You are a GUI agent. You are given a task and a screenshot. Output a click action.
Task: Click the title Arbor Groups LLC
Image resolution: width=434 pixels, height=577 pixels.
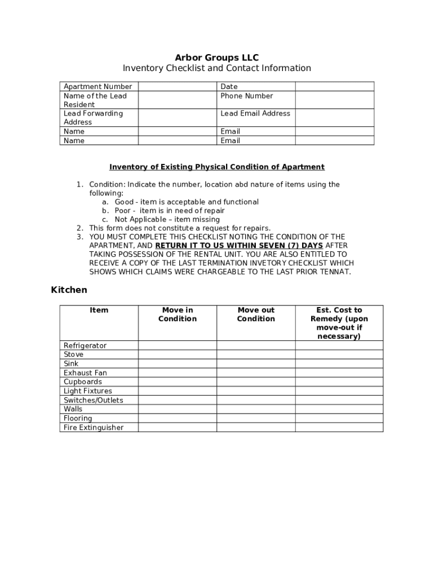(216, 57)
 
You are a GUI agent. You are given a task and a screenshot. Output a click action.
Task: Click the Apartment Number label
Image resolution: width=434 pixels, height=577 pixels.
(98, 86)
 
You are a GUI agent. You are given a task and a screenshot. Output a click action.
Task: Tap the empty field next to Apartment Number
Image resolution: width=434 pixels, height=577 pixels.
(178, 86)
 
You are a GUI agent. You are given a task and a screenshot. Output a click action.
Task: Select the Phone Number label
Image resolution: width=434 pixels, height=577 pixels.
(246, 96)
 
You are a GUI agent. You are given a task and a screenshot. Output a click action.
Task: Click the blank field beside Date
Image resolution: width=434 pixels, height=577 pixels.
(334, 86)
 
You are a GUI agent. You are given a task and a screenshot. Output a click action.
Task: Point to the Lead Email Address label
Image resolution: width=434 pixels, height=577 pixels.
(255, 113)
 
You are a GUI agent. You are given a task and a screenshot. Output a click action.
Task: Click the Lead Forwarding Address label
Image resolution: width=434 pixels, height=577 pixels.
(93, 117)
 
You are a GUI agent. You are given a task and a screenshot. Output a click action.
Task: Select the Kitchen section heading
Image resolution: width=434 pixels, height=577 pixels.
(69, 290)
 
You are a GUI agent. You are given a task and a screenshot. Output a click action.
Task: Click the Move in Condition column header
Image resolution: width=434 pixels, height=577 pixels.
(177, 314)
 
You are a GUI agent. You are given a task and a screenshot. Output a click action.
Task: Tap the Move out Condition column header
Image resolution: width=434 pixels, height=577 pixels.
(256, 314)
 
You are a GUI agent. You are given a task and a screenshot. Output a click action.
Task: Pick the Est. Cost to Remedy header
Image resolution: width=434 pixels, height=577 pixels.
(339, 323)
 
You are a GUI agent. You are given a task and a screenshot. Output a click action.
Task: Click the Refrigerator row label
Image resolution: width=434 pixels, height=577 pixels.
(85, 345)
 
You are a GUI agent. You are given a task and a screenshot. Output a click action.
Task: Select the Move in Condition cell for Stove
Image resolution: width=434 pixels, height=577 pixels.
(177, 354)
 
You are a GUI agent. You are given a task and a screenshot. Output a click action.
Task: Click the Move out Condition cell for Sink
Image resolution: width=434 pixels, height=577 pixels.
(256, 363)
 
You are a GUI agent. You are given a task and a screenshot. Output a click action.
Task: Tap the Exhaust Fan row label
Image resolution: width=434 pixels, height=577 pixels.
(85, 372)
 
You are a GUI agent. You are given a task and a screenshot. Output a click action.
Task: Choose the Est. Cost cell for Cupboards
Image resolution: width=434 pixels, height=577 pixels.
(339, 381)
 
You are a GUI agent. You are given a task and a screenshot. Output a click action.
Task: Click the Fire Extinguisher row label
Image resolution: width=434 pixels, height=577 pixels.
(93, 427)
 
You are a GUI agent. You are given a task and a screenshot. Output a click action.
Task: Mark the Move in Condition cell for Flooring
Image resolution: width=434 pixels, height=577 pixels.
(177, 418)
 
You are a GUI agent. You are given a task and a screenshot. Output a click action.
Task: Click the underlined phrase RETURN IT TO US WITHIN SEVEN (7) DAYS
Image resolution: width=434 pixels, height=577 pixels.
(239, 246)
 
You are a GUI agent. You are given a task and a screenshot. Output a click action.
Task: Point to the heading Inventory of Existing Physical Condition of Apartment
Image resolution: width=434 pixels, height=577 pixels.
(216, 167)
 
